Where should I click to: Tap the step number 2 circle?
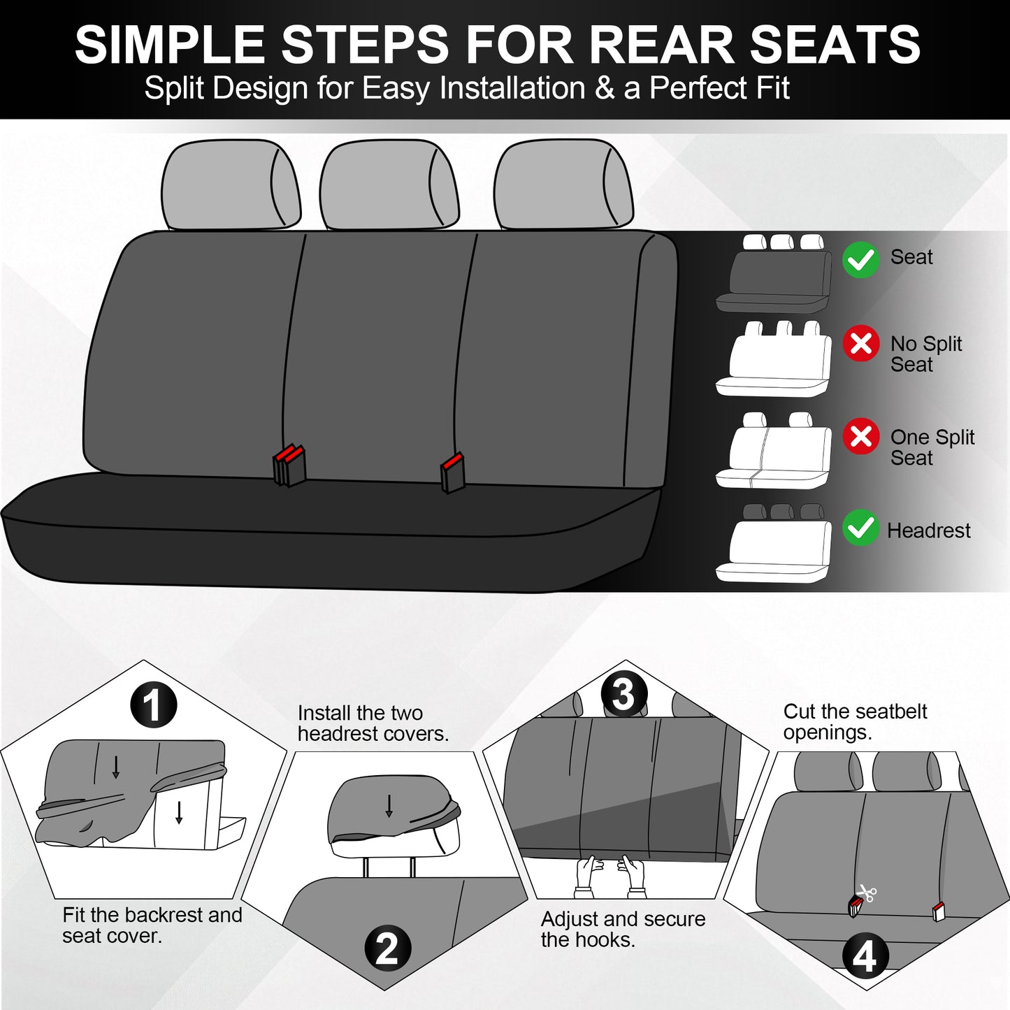[x=387, y=948]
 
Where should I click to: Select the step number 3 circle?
[x=623, y=694]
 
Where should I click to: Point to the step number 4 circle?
[x=865, y=955]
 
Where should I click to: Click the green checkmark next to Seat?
[x=860, y=260]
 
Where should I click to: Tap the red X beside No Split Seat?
[x=860, y=343]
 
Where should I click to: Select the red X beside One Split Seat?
[x=860, y=436]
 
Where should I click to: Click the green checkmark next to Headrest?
[x=860, y=528]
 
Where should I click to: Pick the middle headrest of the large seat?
[x=389, y=185]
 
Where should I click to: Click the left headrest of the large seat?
[x=230, y=185]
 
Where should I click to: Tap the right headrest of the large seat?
[x=563, y=185]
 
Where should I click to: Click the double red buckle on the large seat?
[x=289, y=465]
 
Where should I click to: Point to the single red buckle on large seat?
[x=453, y=472]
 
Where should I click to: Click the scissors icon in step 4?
[x=867, y=893]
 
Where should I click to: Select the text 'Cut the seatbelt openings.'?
[x=854, y=721]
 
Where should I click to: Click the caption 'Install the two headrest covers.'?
[x=373, y=723]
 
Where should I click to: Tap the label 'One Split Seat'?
[x=931, y=447]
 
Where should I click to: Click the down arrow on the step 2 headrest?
[x=389, y=806]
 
